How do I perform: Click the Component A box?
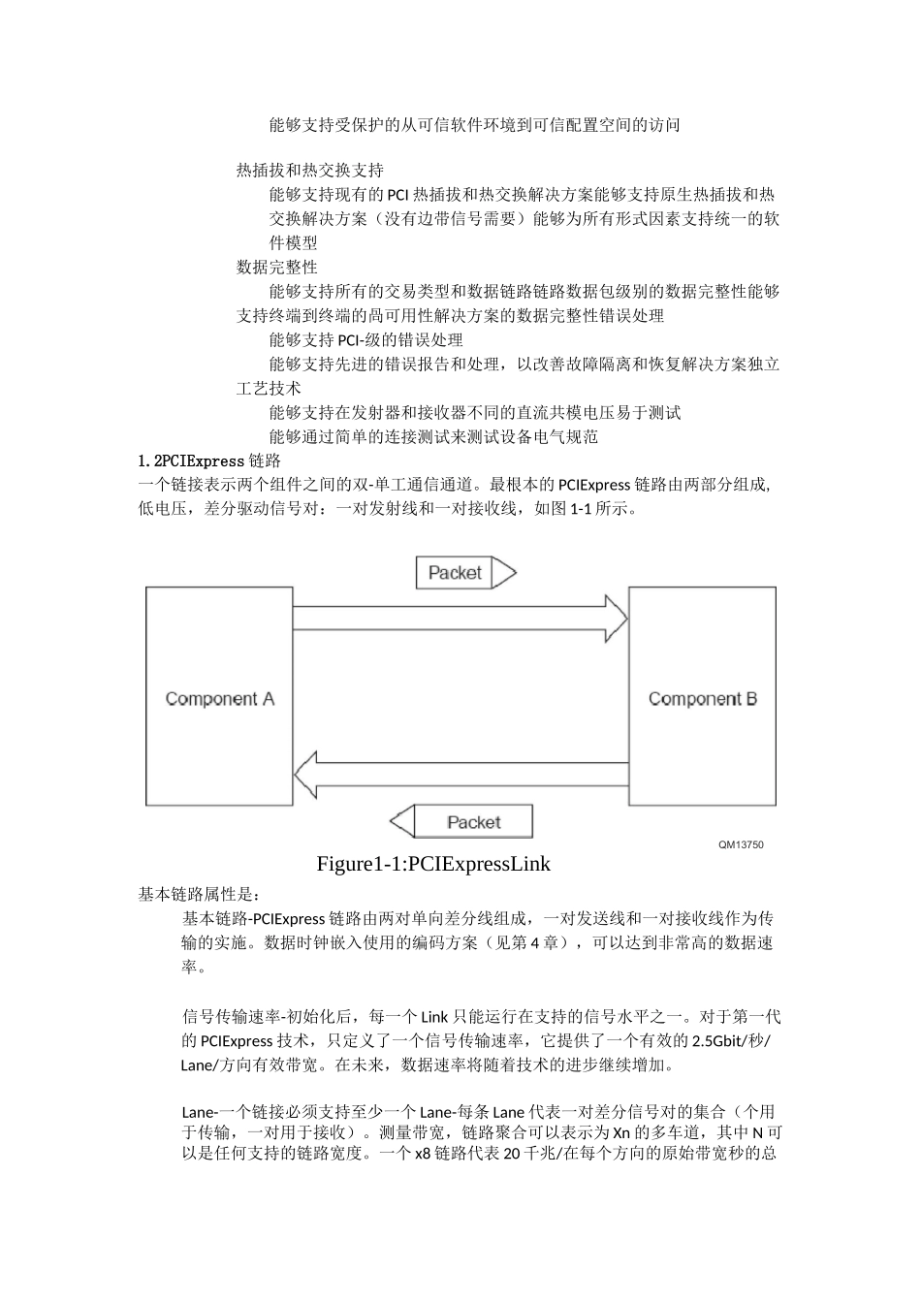219,697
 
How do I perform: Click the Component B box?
702,697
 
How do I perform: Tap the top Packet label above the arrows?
455,573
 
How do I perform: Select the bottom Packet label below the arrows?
473,822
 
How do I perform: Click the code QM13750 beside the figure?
741,844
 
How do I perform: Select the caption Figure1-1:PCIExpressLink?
433,864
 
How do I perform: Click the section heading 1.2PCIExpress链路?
209,461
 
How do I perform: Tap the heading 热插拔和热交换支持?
310,171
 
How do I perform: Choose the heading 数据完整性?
277,268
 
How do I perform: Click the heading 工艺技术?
269,389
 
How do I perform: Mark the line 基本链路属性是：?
199,894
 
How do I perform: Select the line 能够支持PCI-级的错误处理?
366,340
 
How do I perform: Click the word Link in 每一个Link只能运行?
433,1017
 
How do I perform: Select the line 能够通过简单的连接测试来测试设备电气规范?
434,437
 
